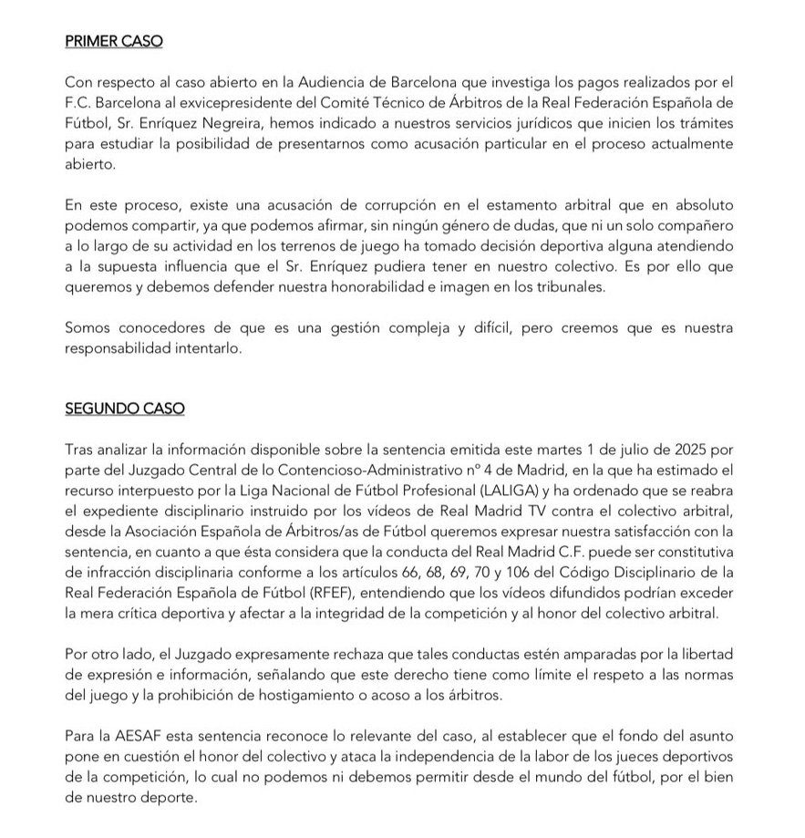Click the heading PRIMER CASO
[114, 42]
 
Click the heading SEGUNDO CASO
[124, 409]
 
